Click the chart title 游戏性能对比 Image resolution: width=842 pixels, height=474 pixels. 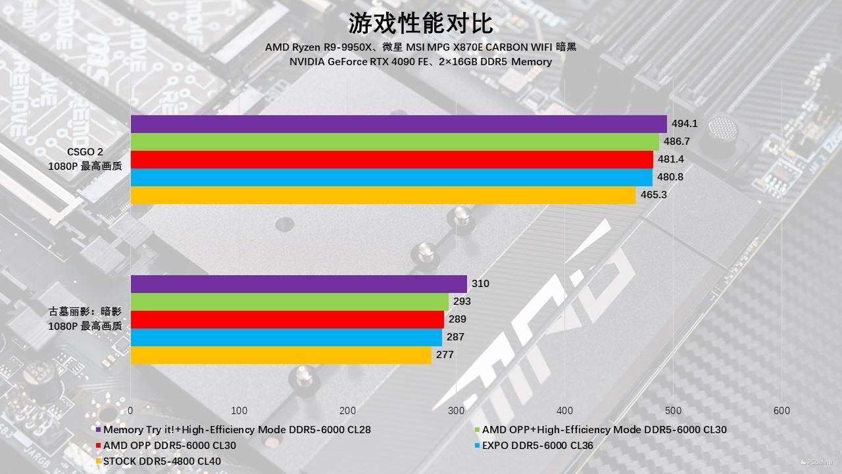click(420, 24)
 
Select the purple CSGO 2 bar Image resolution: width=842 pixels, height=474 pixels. click(399, 124)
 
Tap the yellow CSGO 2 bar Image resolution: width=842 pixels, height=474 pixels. click(383, 196)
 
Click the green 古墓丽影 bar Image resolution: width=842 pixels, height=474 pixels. click(289, 302)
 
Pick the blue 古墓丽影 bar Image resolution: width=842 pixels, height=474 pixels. click(286, 337)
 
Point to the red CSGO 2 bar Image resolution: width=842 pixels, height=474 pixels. click(391, 160)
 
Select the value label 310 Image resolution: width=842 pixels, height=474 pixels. click(480, 284)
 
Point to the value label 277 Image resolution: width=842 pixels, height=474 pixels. click(445, 355)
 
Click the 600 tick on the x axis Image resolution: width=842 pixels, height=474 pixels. click(781, 411)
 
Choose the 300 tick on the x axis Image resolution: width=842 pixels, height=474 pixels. click(457, 411)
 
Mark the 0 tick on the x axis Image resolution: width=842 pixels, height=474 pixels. click(131, 411)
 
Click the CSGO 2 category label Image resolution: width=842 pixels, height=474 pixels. click(85, 153)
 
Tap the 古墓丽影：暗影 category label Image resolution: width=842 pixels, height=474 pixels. click(85, 312)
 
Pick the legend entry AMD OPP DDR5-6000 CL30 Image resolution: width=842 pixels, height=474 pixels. click(169, 445)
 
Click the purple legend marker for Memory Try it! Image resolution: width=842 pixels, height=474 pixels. click(98, 430)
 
